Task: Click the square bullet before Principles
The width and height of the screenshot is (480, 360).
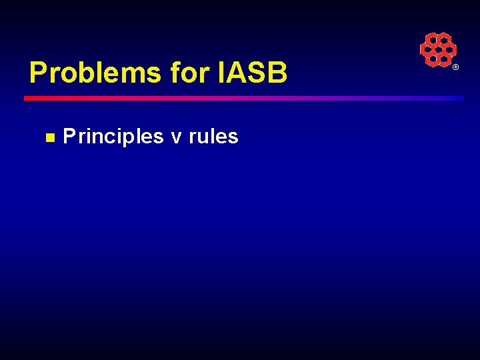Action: [x=49, y=137]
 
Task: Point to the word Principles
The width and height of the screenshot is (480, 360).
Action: [x=113, y=137]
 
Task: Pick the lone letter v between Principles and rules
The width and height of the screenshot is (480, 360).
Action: [x=176, y=137]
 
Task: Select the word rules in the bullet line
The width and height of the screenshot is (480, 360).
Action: [x=213, y=137]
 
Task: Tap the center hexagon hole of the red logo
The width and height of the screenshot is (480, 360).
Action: [x=438, y=50]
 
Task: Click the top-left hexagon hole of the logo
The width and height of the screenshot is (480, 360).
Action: [x=433, y=41]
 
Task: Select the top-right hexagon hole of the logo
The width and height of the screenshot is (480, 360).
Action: [x=443, y=41]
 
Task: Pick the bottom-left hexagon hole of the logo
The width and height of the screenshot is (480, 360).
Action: [x=433, y=59]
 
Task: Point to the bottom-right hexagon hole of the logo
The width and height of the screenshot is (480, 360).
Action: [x=443, y=59]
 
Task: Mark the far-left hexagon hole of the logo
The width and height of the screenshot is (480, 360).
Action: [x=427, y=50]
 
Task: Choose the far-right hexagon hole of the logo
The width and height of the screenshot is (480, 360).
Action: [x=449, y=50]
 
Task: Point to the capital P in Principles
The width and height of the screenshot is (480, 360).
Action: [x=68, y=137]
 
